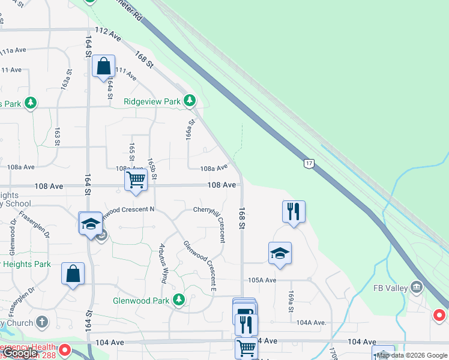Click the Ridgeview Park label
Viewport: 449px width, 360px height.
tap(152, 102)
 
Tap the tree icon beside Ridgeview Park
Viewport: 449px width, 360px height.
tap(190, 100)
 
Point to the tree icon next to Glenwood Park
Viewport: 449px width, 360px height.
tap(178, 299)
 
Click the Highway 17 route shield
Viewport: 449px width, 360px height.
tap(309, 163)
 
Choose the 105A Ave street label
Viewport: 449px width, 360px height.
tap(262, 280)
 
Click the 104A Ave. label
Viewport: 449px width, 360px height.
tap(311, 322)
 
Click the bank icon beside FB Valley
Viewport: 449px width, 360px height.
tap(416, 288)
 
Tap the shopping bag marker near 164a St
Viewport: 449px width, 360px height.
tap(103, 66)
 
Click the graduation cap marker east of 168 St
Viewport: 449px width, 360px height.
tap(280, 253)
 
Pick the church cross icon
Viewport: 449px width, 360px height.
tap(41, 322)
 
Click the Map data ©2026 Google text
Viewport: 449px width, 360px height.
tap(412, 355)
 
